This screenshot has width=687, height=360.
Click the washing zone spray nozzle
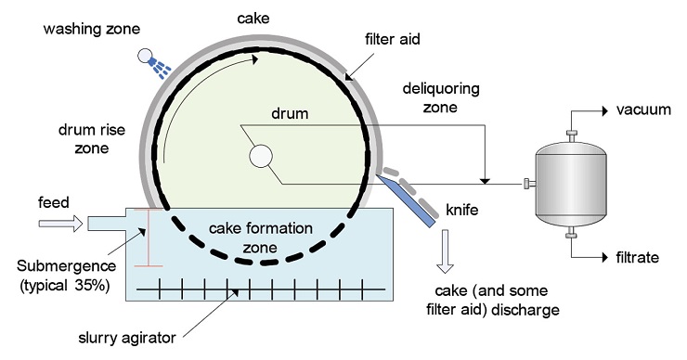tap(149, 60)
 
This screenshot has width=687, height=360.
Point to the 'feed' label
tap(54, 200)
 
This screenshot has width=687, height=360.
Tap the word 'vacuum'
tap(642, 109)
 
